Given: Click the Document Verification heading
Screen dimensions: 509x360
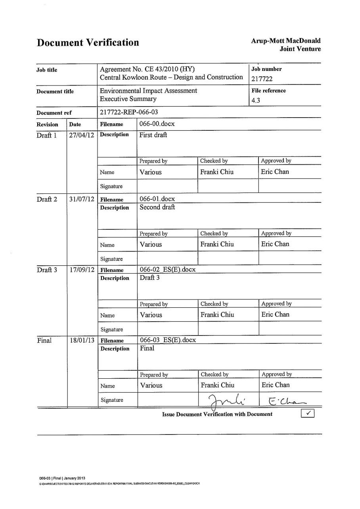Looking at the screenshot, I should (x=88, y=43).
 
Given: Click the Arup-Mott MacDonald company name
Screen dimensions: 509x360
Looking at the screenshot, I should (x=285, y=41).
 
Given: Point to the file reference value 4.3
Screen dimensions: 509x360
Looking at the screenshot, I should (x=256, y=101).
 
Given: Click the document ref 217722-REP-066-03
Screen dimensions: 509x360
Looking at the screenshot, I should (x=129, y=112).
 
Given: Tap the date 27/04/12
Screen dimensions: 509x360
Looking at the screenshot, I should (x=82, y=135).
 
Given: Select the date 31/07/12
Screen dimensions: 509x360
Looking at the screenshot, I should (x=82, y=199).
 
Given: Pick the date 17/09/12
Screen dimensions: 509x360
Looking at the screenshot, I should (x=82, y=270).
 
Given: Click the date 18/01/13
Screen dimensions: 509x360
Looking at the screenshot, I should (x=82, y=340).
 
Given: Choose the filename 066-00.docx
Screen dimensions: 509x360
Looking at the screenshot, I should (x=157, y=124).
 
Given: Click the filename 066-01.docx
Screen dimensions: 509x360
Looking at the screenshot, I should (x=157, y=199).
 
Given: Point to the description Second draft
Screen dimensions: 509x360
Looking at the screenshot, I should (x=157, y=207).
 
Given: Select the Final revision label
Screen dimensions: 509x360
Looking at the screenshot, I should (x=44, y=340).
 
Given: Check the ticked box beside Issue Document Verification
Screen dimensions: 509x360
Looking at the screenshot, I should (x=307, y=414).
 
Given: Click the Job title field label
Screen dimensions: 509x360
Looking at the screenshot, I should (x=47, y=70).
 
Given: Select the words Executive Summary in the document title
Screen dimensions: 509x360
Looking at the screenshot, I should (x=128, y=99).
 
